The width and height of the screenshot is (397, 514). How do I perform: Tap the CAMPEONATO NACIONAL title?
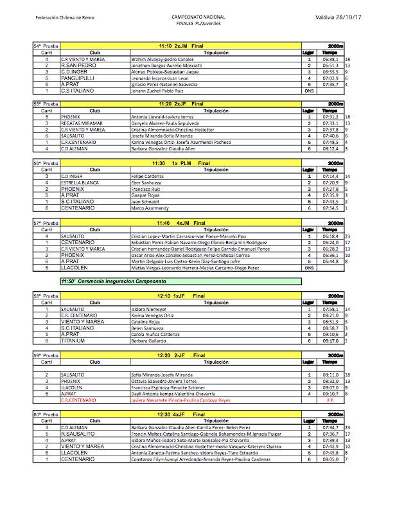[x=198, y=17]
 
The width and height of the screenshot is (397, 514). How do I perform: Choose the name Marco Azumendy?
[x=150, y=208]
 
